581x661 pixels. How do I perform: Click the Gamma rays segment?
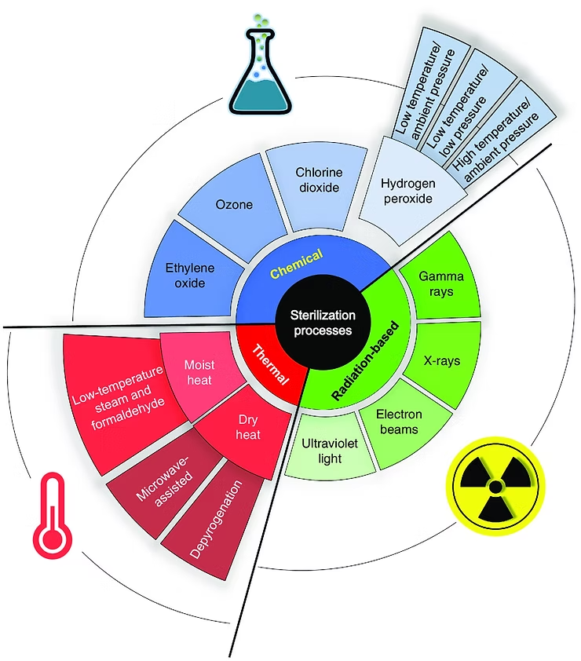[439, 284]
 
